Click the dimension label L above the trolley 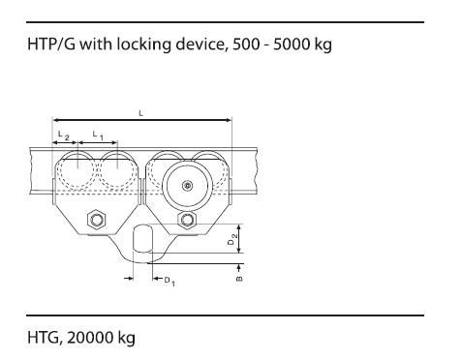point(140,113)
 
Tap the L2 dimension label point(63,135)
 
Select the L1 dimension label point(98,135)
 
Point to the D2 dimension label point(232,239)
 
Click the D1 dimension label point(170,282)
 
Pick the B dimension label point(239,279)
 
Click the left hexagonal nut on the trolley point(97,220)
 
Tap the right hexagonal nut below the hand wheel point(186,220)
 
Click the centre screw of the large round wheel point(186,186)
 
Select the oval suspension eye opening point(142,239)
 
